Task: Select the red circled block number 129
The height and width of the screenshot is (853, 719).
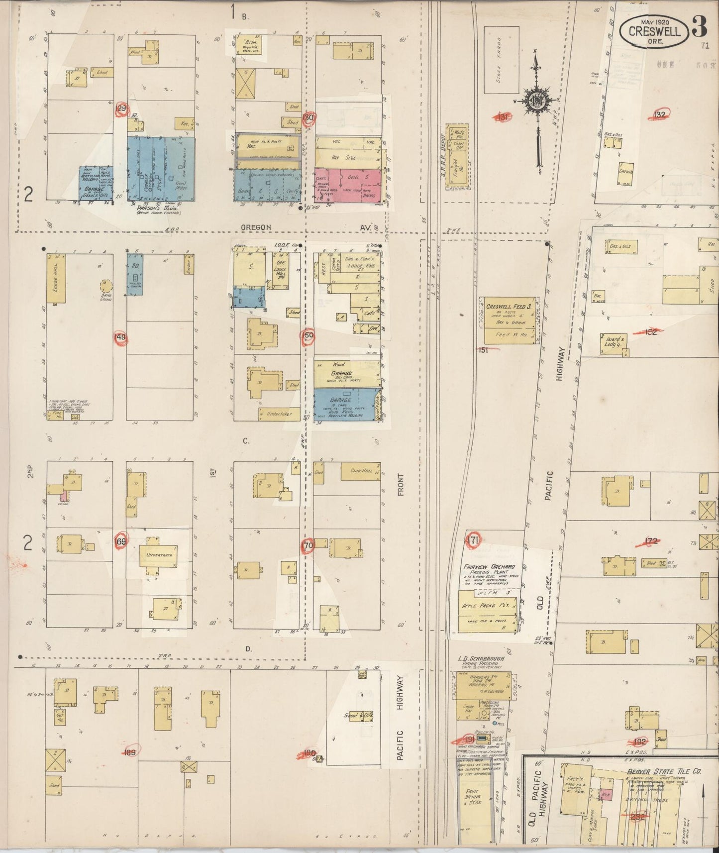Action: pyautogui.click(x=120, y=109)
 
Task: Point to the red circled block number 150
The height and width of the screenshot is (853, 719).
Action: pyautogui.click(x=308, y=335)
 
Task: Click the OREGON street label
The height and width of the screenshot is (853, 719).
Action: pyautogui.click(x=256, y=227)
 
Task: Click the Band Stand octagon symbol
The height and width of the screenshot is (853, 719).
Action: pyautogui.click(x=105, y=286)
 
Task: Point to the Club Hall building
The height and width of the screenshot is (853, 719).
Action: pyautogui.click(x=361, y=471)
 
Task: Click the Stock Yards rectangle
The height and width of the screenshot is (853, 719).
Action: pyautogui.click(x=502, y=60)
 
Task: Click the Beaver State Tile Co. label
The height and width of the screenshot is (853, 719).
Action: pyautogui.click(x=664, y=771)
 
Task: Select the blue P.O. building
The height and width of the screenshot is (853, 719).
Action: pyautogui.click(x=135, y=274)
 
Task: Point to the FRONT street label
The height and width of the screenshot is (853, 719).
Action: pyautogui.click(x=401, y=485)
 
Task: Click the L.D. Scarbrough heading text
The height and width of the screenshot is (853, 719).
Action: pyautogui.click(x=481, y=658)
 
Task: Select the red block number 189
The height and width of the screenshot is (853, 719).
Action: pyautogui.click(x=130, y=752)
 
